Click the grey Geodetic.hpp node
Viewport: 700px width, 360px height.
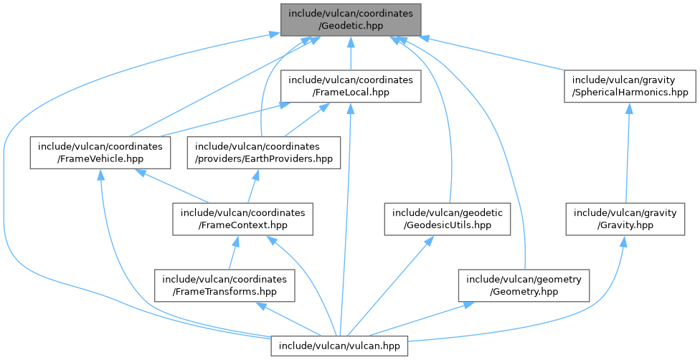coord(350,19)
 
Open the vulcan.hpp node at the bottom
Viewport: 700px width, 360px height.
coord(340,346)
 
